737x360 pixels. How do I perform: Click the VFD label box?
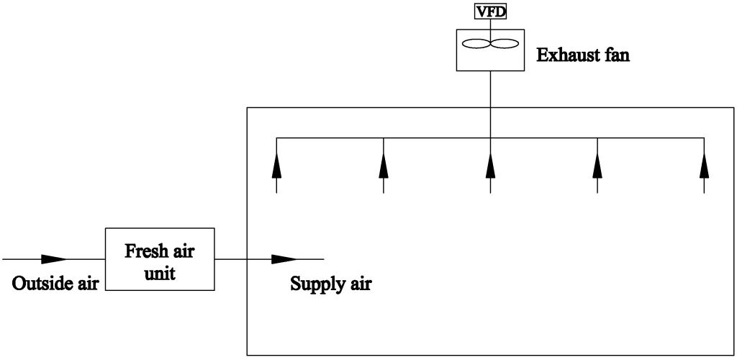pos(490,11)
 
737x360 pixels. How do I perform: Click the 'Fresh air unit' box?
pos(160,258)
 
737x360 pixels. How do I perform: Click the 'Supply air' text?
pos(330,283)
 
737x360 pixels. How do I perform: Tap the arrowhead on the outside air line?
pos(54,258)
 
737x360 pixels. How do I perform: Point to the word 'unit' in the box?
pos(160,274)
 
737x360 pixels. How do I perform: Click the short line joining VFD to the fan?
pos(490,23)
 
